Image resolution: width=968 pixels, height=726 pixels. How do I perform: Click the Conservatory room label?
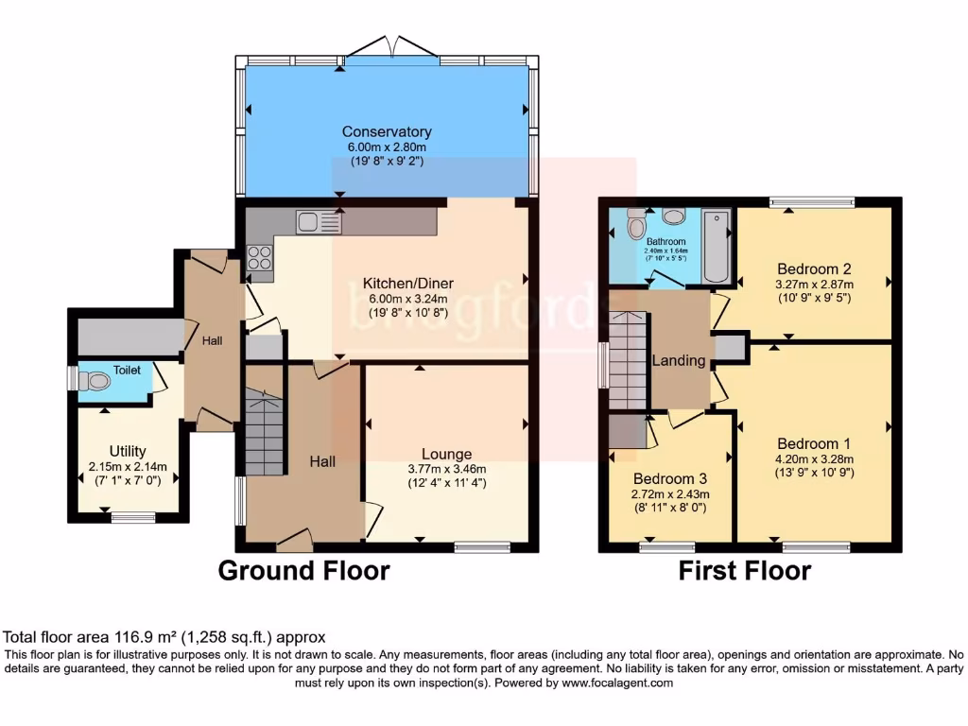click(387, 132)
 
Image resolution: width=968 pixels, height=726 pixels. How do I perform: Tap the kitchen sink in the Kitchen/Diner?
click(318, 222)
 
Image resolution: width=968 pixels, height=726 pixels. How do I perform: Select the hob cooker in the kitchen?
click(259, 258)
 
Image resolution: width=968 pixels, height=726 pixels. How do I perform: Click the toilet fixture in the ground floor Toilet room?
click(94, 382)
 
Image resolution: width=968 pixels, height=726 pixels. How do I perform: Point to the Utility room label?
click(127, 451)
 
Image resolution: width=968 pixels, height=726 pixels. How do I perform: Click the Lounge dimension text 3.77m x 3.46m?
click(446, 470)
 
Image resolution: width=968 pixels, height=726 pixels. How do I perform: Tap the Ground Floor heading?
click(303, 571)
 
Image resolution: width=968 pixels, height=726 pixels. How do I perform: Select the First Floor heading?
click(744, 571)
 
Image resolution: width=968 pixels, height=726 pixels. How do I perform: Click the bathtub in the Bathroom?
click(717, 246)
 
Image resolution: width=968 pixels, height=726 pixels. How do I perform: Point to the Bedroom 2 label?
click(814, 268)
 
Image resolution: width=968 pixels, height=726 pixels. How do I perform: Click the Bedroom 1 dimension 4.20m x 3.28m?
click(814, 458)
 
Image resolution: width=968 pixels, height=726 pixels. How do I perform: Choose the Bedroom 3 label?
click(669, 478)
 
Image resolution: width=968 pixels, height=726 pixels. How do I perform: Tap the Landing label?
click(679, 360)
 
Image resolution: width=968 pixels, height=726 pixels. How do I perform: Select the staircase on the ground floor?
click(264, 436)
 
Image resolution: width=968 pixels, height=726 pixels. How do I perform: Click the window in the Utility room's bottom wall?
click(132, 516)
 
